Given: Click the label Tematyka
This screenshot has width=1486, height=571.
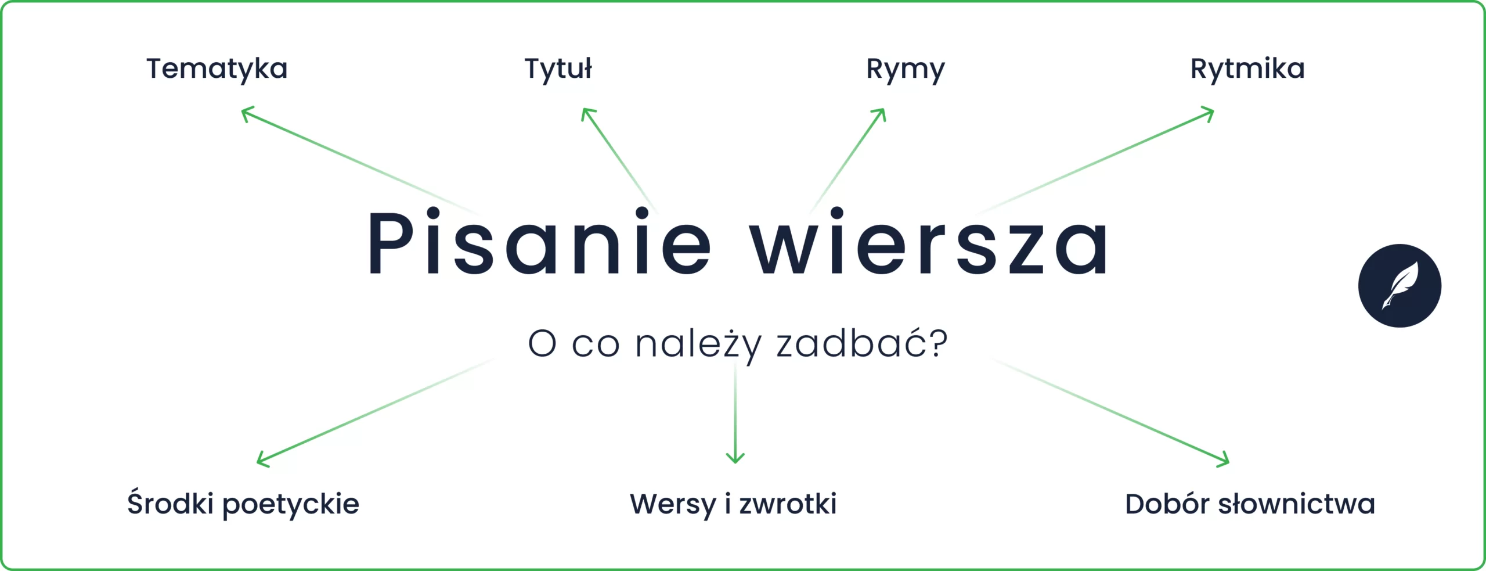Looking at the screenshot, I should pyautogui.click(x=217, y=69).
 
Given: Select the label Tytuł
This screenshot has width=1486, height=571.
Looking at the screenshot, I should pyautogui.click(x=558, y=69).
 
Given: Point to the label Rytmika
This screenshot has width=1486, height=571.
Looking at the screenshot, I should pyautogui.click(x=1247, y=69).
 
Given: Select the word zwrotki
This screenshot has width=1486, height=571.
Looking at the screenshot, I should pyautogui.click(x=788, y=504).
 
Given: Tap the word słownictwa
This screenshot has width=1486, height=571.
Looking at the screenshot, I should pyautogui.click(x=1296, y=504).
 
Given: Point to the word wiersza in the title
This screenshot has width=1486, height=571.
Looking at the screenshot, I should pyautogui.click(x=929, y=243).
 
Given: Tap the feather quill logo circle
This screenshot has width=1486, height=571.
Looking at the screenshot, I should pyautogui.click(x=1400, y=286).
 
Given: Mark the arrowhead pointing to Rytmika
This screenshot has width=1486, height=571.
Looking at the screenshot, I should pyautogui.click(x=1210, y=112).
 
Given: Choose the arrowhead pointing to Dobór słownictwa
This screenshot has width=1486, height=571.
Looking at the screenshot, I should pyautogui.click(x=1225, y=462).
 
